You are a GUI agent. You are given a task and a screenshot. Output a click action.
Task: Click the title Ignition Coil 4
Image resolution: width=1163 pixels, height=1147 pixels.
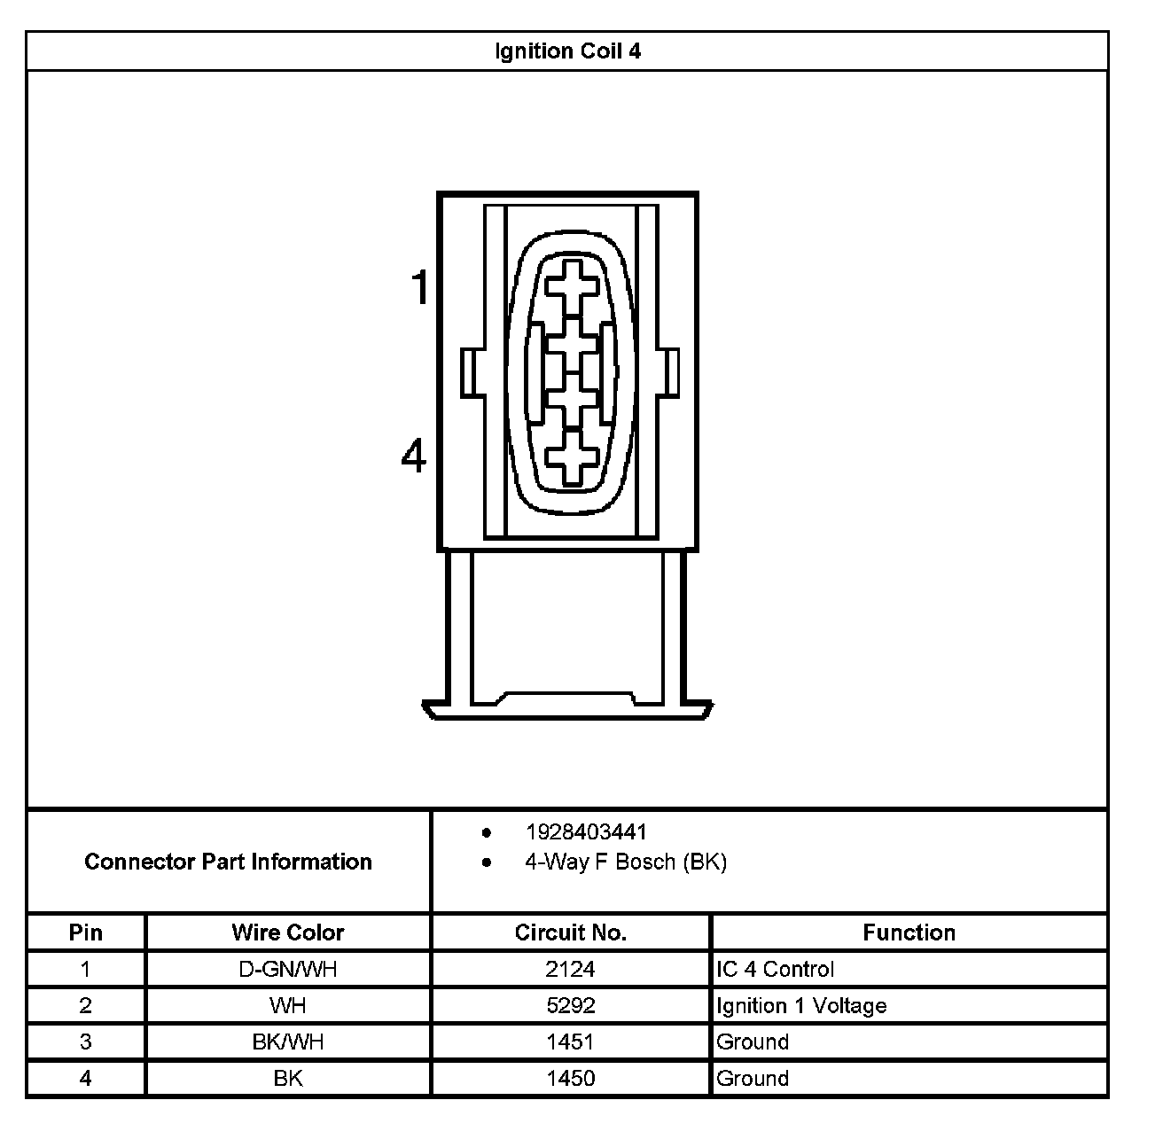coord(567,51)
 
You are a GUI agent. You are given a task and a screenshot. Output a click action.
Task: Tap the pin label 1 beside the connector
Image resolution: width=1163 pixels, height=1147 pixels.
coord(419,289)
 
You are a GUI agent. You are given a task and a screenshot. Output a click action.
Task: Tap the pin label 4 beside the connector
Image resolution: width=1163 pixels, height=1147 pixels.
coord(414,456)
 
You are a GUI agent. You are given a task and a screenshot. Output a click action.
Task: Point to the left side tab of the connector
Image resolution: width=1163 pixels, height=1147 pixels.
coord(471,372)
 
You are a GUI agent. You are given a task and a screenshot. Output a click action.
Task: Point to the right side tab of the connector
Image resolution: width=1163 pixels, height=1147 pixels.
coord(670,372)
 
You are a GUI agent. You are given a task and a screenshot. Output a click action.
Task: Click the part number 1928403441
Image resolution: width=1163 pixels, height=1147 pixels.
coord(586,832)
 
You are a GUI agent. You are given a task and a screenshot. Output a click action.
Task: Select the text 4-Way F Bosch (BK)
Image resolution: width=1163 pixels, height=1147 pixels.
coord(625,862)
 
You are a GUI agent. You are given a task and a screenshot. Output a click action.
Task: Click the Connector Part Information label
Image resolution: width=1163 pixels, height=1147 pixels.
coord(228,862)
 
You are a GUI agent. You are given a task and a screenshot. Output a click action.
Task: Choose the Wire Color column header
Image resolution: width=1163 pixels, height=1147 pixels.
coord(287,932)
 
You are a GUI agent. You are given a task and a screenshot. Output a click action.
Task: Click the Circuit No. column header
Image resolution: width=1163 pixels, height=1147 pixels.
coord(570,932)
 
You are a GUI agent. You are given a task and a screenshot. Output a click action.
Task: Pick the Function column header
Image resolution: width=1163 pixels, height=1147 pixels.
coord(909,932)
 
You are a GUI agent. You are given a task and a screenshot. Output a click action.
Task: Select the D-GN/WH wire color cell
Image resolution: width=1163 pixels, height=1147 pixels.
coord(288,970)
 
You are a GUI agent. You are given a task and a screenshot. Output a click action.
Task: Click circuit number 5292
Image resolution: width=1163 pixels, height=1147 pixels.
coord(570,1006)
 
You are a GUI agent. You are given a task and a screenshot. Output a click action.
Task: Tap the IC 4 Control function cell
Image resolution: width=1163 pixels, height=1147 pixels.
coord(775,970)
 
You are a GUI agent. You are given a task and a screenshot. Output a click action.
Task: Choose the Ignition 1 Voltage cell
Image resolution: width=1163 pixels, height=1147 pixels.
coord(801,1006)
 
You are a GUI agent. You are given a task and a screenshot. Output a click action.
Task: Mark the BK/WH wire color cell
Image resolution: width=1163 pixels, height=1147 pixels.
coord(288,1042)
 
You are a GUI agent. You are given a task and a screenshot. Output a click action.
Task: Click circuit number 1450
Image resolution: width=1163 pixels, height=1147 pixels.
coord(570,1079)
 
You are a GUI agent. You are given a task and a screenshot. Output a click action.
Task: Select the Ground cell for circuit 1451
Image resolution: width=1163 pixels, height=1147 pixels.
coord(753,1042)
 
